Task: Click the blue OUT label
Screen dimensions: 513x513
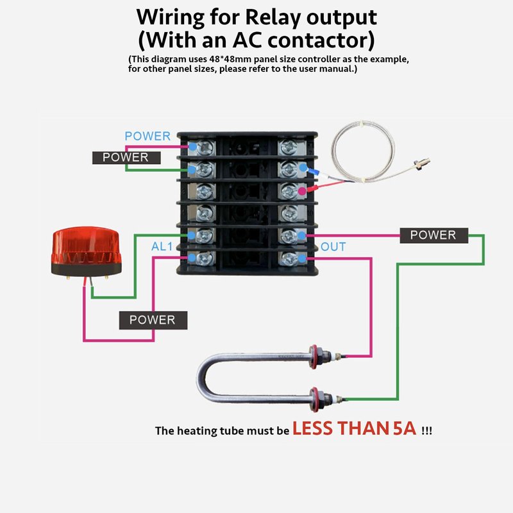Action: (333, 247)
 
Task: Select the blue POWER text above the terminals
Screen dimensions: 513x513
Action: (147, 136)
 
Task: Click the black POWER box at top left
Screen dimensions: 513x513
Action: (126, 157)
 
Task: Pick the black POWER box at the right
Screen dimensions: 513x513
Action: (433, 235)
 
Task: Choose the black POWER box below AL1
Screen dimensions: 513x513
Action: (152, 319)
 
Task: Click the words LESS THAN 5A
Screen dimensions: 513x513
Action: (354, 429)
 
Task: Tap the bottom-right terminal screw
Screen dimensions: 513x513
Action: (289, 258)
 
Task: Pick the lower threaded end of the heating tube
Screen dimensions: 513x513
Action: (318, 397)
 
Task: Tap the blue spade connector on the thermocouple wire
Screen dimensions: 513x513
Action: (314, 172)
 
